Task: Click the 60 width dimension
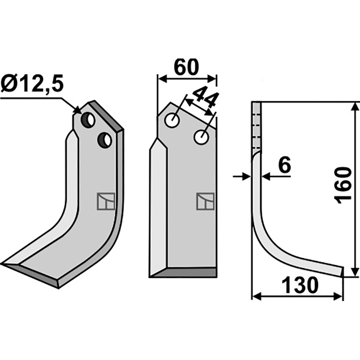pyautogui.click(x=186, y=67)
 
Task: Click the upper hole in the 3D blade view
pyautogui.click(x=88, y=120)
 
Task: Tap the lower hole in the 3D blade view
pyautogui.click(x=105, y=140)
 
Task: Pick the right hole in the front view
pyautogui.click(x=201, y=137)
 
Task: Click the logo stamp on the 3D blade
pyautogui.click(x=106, y=201)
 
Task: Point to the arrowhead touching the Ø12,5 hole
pyautogui.click(x=77, y=109)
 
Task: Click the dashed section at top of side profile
pyautogui.click(x=256, y=128)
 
